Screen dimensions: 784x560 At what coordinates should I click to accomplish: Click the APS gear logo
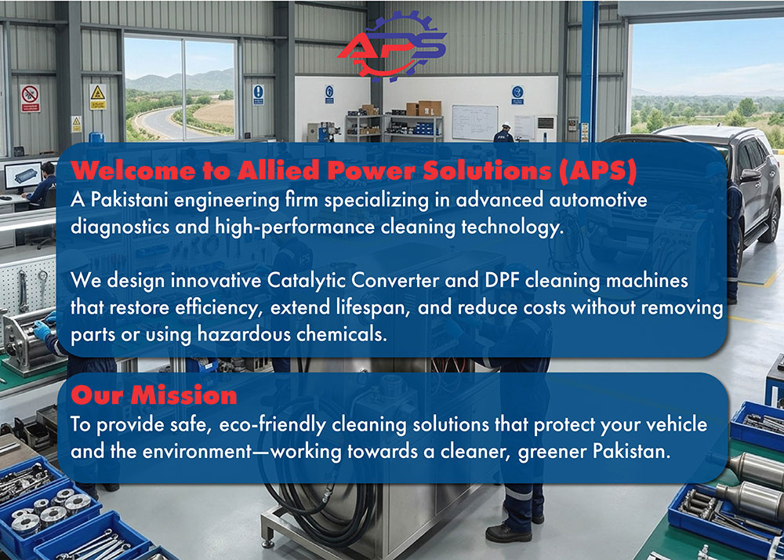392,46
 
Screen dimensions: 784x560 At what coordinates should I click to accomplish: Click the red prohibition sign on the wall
30,98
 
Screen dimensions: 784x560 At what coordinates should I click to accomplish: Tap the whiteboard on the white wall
475,122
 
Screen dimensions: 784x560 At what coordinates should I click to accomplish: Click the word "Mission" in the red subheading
183,396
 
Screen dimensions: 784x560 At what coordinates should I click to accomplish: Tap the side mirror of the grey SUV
750,176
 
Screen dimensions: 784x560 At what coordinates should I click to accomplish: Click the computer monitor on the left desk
23,176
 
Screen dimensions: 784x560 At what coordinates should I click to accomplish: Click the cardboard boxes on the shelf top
423,108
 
